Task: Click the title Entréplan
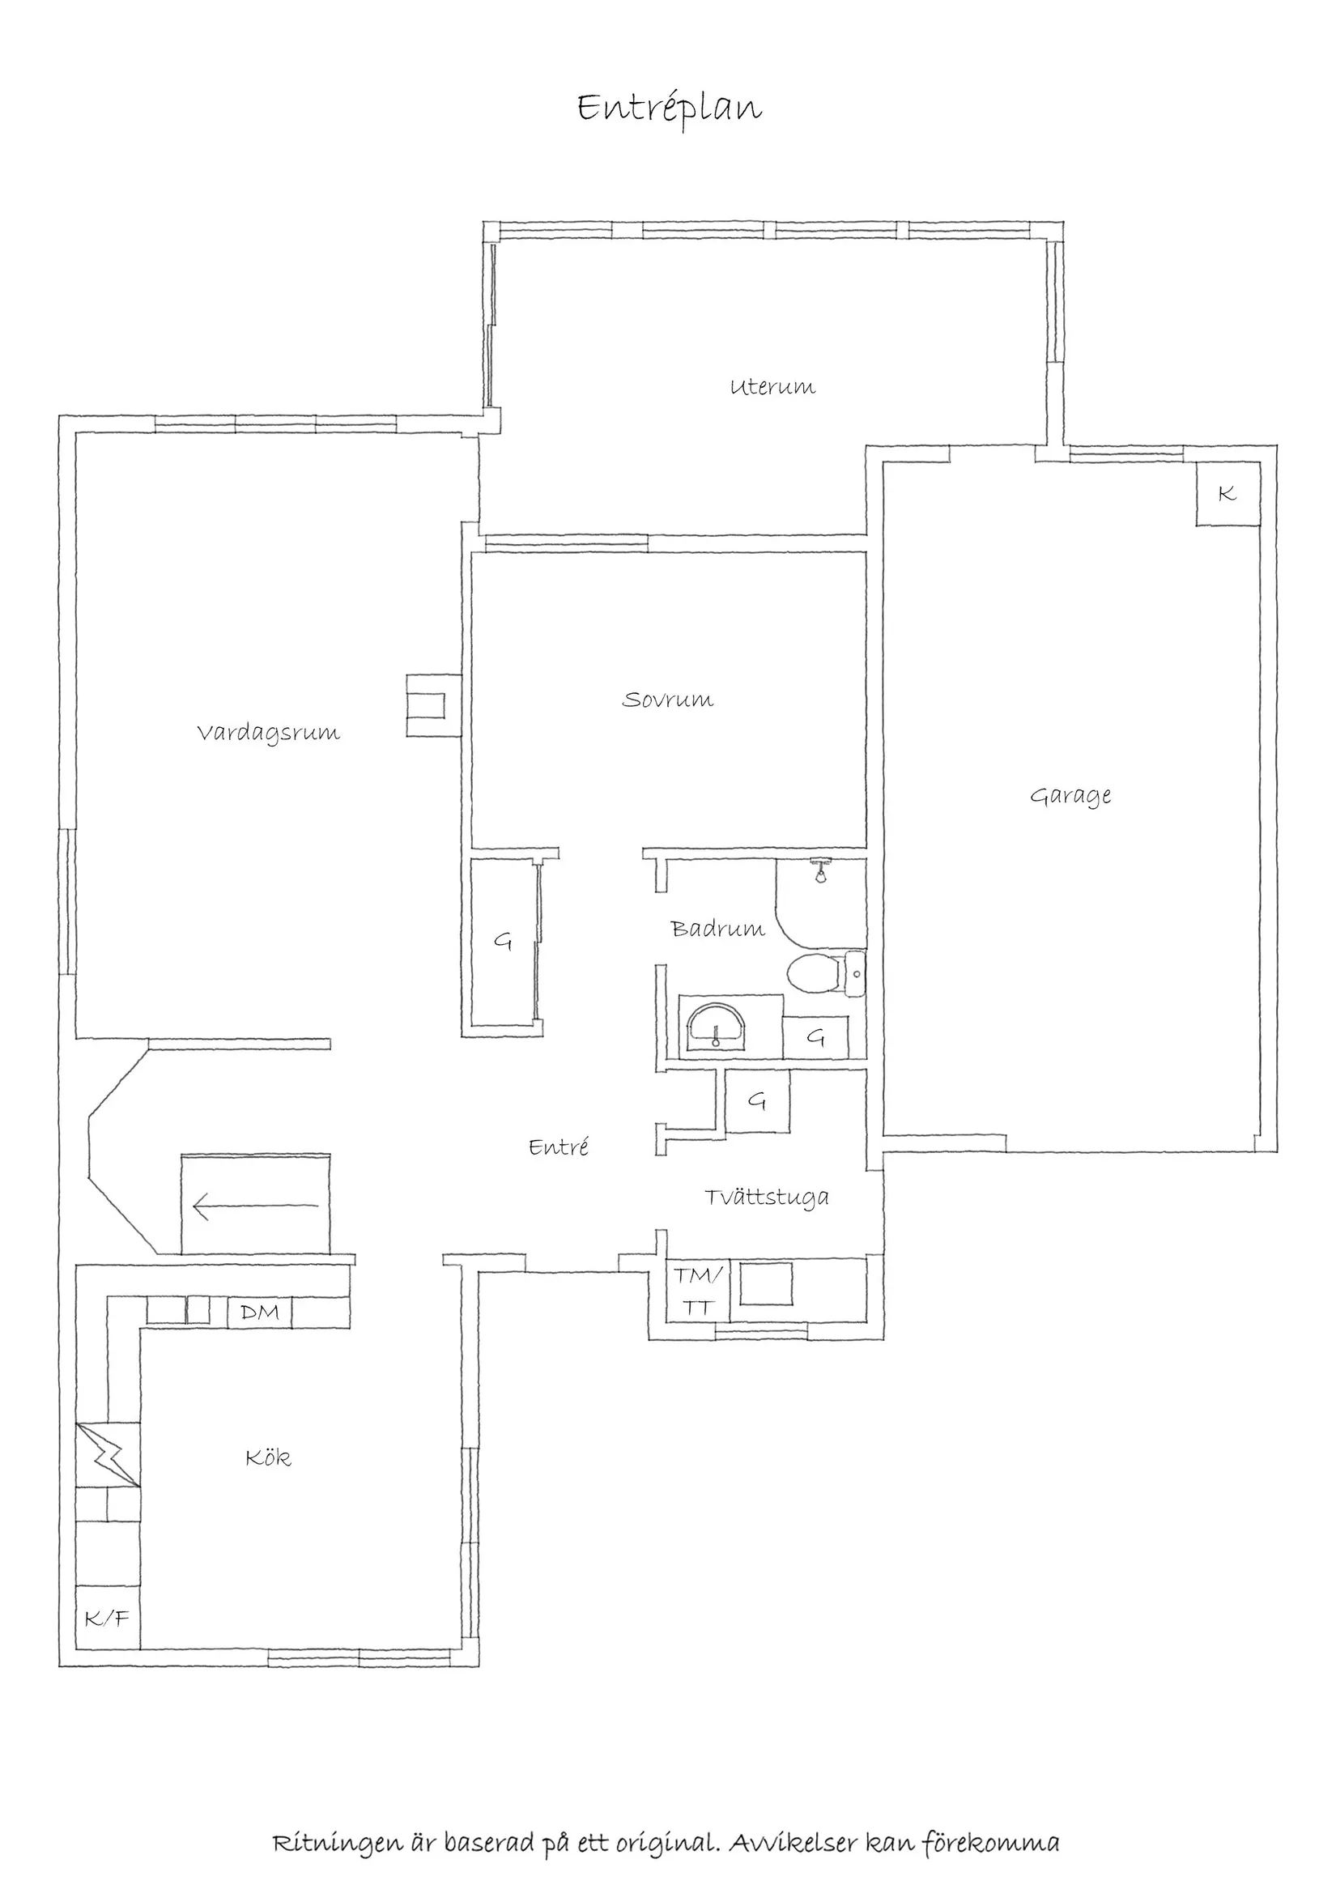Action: pyautogui.click(x=669, y=108)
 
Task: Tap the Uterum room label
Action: pyautogui.click(x=772, y=387)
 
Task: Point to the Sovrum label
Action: pyautogui.click(x=667, y=700)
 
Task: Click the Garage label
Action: pyautogui.click(x=1070, y=796)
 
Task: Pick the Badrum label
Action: pyautogui.click(x=717, y=929)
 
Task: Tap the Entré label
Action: pyautogui.click(x=559, y=1147)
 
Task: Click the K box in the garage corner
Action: pyautogui.click(x=1228, y=494)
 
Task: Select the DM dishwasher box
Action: pyautogui.click(x=259, y=1313)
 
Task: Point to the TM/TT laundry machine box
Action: pyautogui.click(x=698, y=1291)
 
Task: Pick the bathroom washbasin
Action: pyautogui.click(x=717, y=1027)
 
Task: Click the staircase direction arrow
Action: pyautogui.click(x=255, y=1207)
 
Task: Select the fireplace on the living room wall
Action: pyautogui.click(x=432, y=705)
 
